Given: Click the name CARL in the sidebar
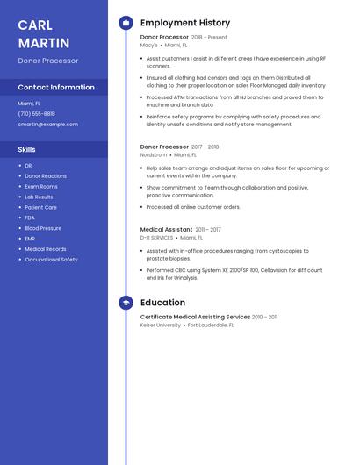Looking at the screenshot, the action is [35, 25].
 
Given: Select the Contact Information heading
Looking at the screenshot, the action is [56, 88].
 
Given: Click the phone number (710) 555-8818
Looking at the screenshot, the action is [36, 114].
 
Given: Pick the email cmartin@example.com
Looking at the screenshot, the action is [47, 125].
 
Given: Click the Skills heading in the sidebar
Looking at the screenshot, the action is [26, 150].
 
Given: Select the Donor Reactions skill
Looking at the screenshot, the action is [46, 176].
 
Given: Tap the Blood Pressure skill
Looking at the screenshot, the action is [43, 228].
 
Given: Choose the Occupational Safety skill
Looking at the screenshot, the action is [51, 260].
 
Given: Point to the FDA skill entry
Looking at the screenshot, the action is [30, 218].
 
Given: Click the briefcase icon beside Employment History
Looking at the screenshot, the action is [126, 23].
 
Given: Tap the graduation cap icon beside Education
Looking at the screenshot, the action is [126, 303].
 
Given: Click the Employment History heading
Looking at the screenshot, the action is [184, 23].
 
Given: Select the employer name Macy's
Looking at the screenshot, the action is [149, 45].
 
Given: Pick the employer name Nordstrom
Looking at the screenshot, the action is [154, 154].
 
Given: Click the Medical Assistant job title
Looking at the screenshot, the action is [166, 230].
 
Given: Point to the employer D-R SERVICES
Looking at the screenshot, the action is [156, 238].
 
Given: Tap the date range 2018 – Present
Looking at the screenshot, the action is [209, 38].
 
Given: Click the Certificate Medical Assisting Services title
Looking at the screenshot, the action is [195, 317].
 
